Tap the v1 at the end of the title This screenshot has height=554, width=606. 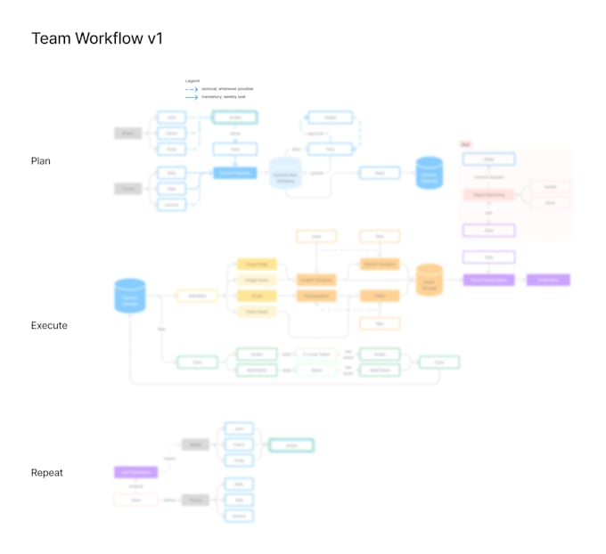coord(152,39)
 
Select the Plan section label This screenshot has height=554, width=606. coord(41,161)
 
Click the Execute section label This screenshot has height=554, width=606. coord(49,326)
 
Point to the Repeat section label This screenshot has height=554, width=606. coord(47,473)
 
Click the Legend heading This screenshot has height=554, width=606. coord(192,81)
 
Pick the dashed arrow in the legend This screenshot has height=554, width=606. coord(191,90)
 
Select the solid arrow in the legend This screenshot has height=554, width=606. coord(191,98)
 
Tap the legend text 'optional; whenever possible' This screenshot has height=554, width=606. coord(227,89)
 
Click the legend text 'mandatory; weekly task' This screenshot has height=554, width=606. coord(223,98)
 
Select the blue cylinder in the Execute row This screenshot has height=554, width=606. coord(130,297)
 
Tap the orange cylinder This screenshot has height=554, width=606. coord(430,280)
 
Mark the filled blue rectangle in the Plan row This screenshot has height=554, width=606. coord(234,173)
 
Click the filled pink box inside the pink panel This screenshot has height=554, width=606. coord(488,194)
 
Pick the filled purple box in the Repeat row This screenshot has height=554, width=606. coord(135,472)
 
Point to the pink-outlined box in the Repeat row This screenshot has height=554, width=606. coord(135,501)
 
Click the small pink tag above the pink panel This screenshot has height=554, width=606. coord(464,144)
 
